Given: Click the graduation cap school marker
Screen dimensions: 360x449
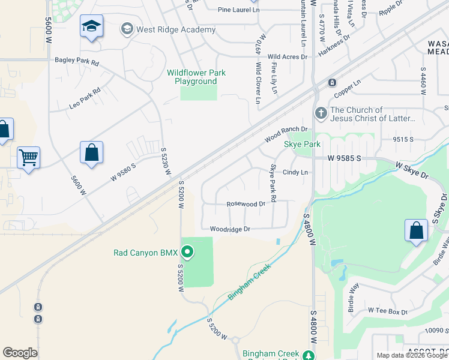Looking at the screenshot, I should pos(91,26).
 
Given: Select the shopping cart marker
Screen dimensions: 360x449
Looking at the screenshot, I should pos(28,158).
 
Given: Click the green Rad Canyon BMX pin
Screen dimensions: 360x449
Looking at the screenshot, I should pos(187,252).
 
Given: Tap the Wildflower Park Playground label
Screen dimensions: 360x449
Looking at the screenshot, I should pos(196,77).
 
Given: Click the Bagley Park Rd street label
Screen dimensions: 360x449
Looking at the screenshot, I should pos(76,61).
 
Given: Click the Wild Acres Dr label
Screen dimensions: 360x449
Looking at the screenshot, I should pos(287,56).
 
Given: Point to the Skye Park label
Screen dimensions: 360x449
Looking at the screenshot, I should pos(302,144).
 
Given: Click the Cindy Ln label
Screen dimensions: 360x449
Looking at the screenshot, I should pos(295,173).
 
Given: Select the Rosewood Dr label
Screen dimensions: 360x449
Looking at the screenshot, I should pos(246,204).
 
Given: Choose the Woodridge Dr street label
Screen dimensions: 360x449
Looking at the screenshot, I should pos(229,229).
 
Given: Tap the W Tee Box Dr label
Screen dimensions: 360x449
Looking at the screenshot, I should pos(387,311).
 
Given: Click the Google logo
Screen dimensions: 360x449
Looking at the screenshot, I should pos(20,353).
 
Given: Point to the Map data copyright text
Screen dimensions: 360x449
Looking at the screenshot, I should pos(412,355).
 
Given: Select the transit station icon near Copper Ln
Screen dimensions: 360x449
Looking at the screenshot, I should pos(331,82).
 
